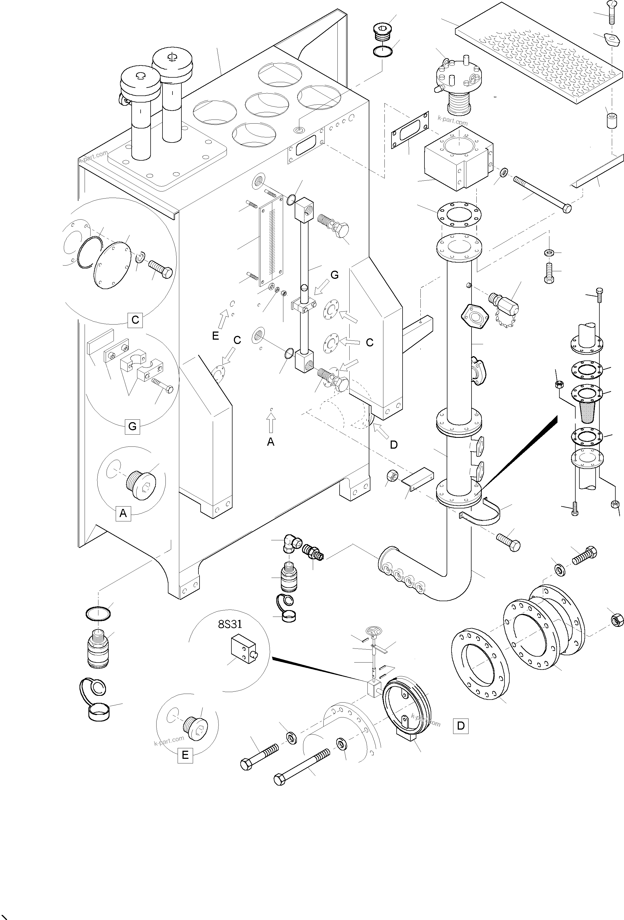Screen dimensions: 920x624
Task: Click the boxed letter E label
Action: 185,755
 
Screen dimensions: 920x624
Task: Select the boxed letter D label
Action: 461,725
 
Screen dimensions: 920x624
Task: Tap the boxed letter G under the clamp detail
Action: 132,426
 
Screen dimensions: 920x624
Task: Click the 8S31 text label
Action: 230,624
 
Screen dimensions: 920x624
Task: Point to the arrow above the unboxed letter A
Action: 271,423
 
